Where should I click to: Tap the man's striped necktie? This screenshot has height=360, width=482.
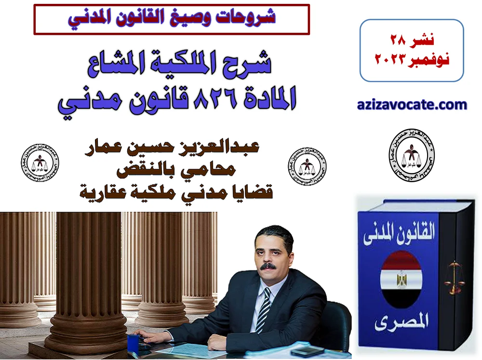tap(264, 309)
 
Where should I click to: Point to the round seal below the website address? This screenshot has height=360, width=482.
tap(412, 155)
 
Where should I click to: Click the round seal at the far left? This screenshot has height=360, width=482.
tap(40, 164)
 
